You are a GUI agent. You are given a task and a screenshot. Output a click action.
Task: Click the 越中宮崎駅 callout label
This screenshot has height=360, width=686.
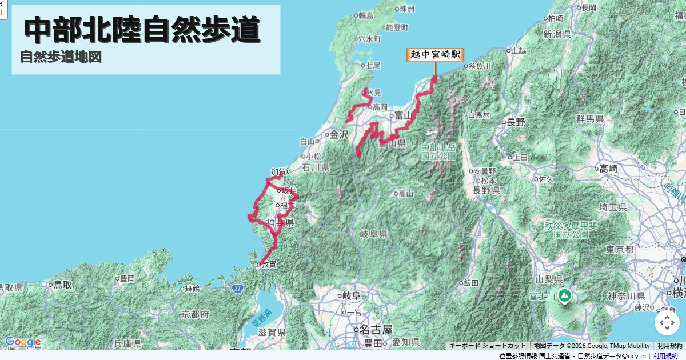click(x=435, y=55)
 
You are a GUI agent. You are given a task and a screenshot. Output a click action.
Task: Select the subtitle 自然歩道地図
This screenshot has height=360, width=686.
click(x=61, y=57)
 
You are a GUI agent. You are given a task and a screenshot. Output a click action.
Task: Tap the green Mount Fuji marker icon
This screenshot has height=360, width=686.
click(x=564, y=296)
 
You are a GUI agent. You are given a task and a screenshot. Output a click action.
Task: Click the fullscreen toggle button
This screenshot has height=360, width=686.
click(x=667, y=324)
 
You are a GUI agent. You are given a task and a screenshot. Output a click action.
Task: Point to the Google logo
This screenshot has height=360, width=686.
click(x=23, y=342)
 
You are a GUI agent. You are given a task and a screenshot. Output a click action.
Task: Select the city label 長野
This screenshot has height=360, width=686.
click(x=515, y=122)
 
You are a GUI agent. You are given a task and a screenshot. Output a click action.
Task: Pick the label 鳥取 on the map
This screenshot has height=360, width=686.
click(x=63, y=284)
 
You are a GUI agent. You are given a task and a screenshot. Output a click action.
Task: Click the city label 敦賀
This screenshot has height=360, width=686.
click(x=268, y=264)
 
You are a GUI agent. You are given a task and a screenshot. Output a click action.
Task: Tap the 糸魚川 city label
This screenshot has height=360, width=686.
click(x=480, y=66)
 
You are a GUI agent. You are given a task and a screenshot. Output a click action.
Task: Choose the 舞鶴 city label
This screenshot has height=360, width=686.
click(x=192, y=289)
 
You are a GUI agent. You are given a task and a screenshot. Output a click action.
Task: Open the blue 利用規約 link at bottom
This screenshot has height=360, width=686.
click(x=665, y=356)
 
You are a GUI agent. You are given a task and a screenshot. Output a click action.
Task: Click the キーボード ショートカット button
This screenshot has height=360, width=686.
click(x=487, y=346)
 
